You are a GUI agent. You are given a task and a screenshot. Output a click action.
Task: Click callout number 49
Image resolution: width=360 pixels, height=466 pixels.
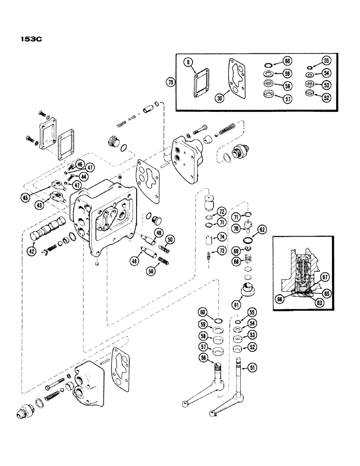pos(159,233)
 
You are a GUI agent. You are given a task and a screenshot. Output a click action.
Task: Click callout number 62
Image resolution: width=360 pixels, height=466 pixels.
pos(262,229)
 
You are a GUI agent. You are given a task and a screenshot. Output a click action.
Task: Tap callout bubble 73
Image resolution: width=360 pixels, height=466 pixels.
pos(222,252)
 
